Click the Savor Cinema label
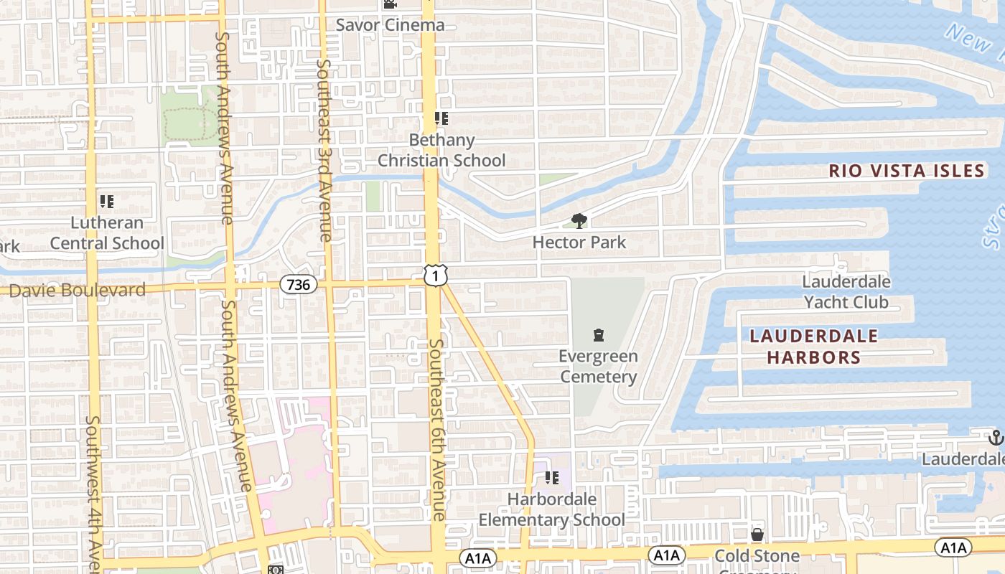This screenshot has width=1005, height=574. click(390, 25)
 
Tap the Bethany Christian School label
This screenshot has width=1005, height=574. click(441, 150)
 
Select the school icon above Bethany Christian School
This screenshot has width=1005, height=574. click(441, 118)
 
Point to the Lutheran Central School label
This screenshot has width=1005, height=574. click(107, 233)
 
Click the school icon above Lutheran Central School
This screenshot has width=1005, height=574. click(107, 202)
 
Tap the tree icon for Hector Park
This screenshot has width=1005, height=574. click(579, 221)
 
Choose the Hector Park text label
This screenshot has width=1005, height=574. click(579, 243)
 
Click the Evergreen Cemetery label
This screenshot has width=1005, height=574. click(598, 367)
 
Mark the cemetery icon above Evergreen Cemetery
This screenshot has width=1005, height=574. click(598, 335)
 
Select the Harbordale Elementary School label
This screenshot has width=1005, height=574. click(551, 509)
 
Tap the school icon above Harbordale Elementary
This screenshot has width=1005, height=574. click(551, 477)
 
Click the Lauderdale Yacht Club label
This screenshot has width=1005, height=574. click(846, 292)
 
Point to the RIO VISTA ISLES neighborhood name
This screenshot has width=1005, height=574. click(906, 171)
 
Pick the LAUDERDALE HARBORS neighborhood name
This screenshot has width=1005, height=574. click(813, 347)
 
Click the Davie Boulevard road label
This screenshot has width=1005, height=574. click(77, 291)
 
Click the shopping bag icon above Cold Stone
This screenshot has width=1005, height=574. click(757, 535)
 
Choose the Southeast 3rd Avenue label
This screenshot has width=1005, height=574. click(324, 151)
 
